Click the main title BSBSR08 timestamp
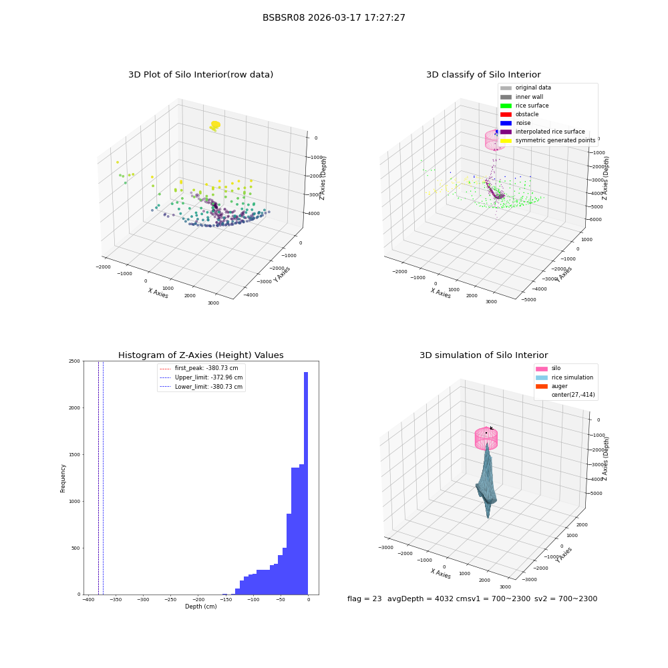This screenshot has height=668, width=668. pyautogui.click(x=333, y=17)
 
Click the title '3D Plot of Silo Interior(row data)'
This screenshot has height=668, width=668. pyautogui.click(x=200, y=75)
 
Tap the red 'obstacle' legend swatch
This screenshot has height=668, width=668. pyautogui.click(x=506, y=114)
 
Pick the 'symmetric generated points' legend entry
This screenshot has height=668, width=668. pyautogui.click(x=548, y=140)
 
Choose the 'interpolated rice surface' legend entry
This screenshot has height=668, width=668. pyautogui.click(x=542, y=132)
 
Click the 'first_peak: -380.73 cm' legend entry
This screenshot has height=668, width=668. pyautogui.click(x=199, y=368)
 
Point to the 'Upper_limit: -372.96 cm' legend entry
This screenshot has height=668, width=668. pyautogui.click(x=201, y=377)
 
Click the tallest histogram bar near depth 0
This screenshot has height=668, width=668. pyautogui.click(x=306, y=483)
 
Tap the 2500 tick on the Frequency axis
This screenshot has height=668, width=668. pyautogui.click(x=74, y=361)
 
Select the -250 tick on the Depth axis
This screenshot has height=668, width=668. pyautogui.click(x=170, y=600)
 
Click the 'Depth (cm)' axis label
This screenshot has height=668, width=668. pyautogui.click(x=201, y=607)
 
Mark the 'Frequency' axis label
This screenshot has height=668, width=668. pyautogui.click(x=63, y=478)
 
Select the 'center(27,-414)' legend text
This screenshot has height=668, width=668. pyautogui.click(x=573, y=395)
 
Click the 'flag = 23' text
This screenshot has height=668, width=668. pyautogui.click(x=364, y=599)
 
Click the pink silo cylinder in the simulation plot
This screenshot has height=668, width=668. pyautogui.click(x=486, y=439)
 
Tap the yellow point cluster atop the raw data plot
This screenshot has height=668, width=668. pyautogui.click(x=215, y=126)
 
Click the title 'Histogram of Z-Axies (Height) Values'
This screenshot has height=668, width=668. pyautogui.click(x=200, y=355)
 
